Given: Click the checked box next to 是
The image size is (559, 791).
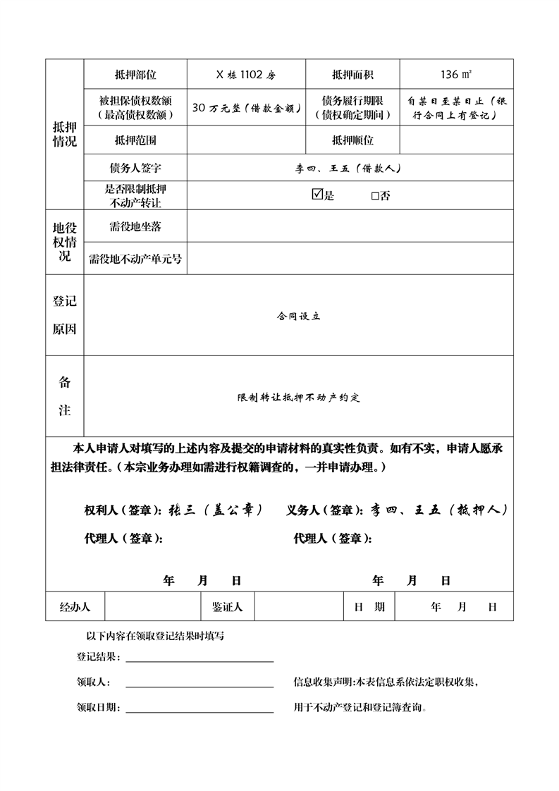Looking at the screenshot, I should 317,195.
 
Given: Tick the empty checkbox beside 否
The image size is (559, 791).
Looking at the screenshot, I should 375,196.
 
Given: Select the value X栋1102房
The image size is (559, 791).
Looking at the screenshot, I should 246,74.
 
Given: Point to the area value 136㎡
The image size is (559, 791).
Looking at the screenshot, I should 456,74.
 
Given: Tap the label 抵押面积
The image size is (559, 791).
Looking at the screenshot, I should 352,74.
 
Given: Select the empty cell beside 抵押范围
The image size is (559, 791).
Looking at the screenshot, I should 246,140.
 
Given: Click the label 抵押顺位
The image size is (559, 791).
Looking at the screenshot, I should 352,140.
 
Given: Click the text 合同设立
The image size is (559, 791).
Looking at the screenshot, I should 298,317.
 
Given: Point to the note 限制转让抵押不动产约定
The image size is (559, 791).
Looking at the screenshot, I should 298,398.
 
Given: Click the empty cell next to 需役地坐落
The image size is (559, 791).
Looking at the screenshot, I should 350,226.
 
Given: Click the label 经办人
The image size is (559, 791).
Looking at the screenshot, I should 75,606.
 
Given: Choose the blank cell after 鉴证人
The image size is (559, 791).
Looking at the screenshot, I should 299,606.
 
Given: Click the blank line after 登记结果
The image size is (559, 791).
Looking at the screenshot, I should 199,658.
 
